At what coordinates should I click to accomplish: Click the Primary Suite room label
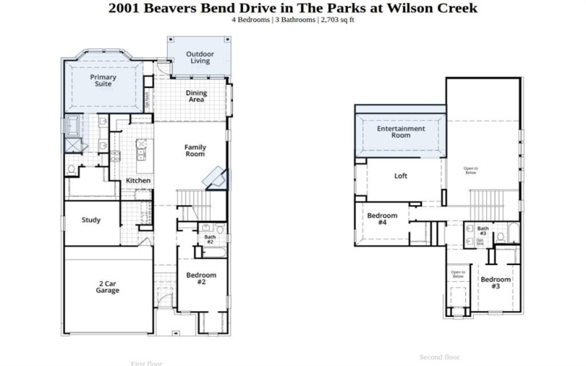tap(103, 81)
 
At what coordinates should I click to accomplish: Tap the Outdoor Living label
tap(199, 57)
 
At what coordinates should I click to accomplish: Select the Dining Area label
tap(196, 96)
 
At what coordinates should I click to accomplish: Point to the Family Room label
tap(194, 151)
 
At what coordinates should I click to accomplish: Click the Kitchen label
tap(138, 180)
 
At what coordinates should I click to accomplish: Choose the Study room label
tap(91, 220)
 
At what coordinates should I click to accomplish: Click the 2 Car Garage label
tap(107, 286)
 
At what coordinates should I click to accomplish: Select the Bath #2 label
tap(209, 239)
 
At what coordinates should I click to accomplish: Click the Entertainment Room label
tap(401, 132)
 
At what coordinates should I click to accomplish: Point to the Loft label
tap(401, 176)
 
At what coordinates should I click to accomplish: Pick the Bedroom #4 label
tap(382, 219)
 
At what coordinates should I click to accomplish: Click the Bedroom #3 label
tap(495, 283)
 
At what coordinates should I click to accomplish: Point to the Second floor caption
tap(439, 357)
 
